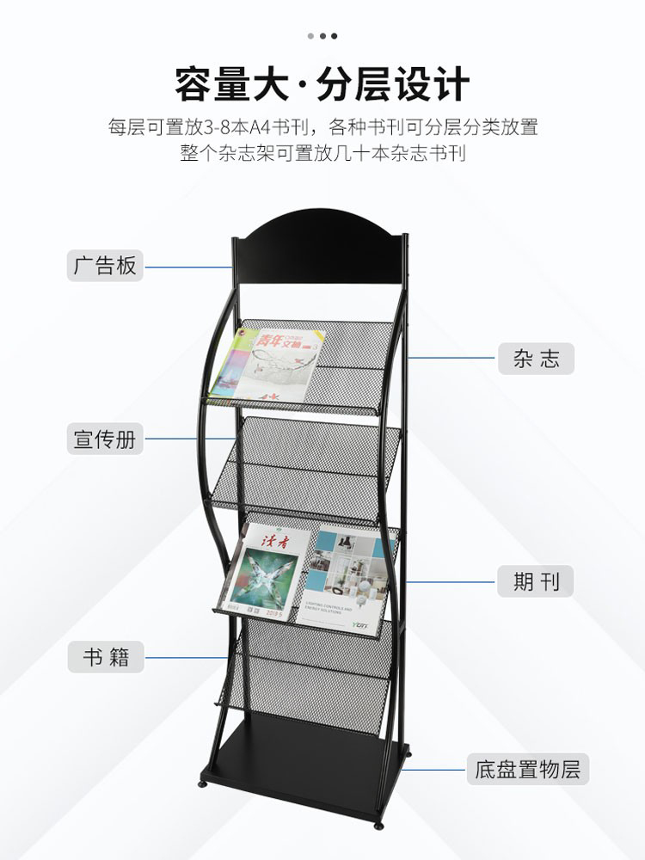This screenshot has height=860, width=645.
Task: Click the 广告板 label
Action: [105, 266]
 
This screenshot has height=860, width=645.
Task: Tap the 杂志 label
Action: [536, 359]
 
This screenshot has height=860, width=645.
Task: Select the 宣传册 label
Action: [105, 439]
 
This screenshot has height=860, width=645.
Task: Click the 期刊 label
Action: [536, 582]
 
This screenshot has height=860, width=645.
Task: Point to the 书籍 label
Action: [106, 658]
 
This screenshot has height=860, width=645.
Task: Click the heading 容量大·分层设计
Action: [322, 84]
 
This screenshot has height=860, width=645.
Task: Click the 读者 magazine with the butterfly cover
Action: [264, 568]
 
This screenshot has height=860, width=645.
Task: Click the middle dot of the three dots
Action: [322, 36]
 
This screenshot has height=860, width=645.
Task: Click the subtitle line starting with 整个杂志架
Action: [322, 154]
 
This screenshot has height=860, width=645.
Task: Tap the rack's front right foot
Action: [378, 825]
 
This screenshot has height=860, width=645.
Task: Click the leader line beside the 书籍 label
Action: [186, 658]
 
